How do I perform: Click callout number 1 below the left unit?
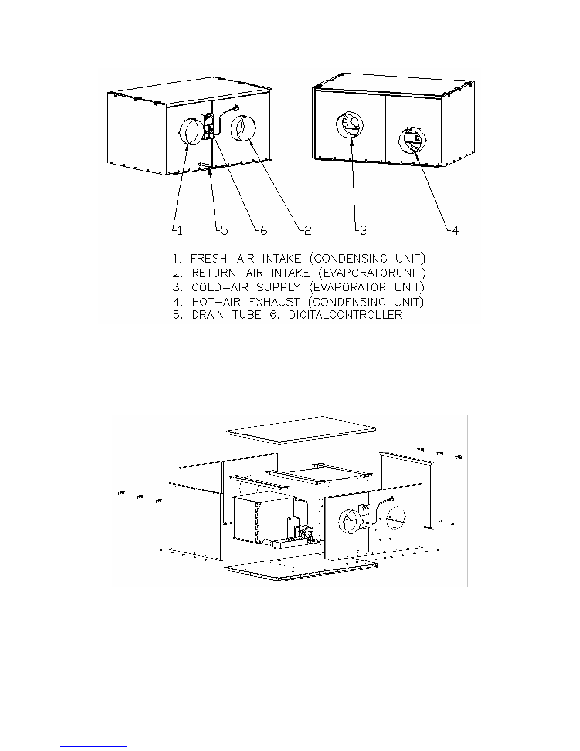178,230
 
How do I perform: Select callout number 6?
263,230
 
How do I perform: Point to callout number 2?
308,230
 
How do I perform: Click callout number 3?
362,230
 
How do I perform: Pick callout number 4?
454,230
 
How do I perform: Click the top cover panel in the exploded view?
302,429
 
